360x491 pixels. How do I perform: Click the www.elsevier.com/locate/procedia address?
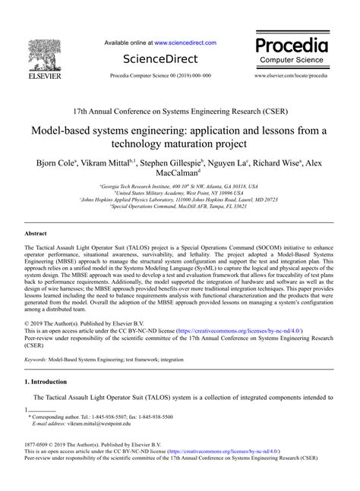click(x=292, y=77)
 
